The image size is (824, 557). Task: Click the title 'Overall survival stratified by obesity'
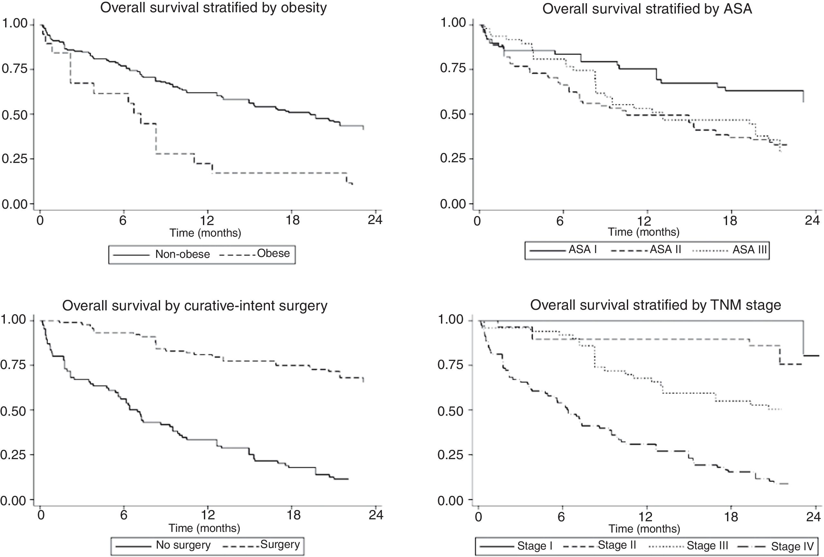click(x=214, y=8)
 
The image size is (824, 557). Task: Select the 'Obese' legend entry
click(x=273, y=253)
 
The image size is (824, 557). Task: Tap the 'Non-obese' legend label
click(x=182, y=254)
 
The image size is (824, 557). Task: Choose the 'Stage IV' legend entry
click(x=792, y=546)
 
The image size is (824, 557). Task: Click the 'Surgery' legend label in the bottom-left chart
click(x=280, y=544)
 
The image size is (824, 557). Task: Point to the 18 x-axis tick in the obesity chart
click(x=292, y=221)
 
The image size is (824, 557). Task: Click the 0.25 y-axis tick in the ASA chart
click(x=453, y=158)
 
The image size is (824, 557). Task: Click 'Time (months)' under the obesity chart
click(x=205, y=233)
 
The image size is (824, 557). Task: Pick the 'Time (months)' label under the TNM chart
click(x=644, y=529)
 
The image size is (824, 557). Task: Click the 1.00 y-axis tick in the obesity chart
click(x=14, y=24)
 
